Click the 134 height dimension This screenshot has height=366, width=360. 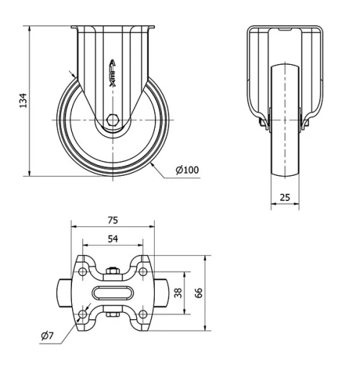click(x=22, y=101)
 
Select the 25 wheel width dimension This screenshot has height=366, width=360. click(x=284, y=196)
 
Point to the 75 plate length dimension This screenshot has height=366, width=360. click(x=113, y=220)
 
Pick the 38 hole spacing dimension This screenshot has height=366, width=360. click(x=179, y=293)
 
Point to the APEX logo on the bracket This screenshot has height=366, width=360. click(x=113, y=73)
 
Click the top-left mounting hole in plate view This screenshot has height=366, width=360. click(x=84, y=272)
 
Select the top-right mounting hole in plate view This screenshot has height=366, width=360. click(x=143, y=272)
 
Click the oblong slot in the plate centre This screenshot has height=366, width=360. click(x=113, y=293)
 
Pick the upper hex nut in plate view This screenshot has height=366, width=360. click(x=113, y=272)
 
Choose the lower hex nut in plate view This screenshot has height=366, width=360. click(x=113, y=314)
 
